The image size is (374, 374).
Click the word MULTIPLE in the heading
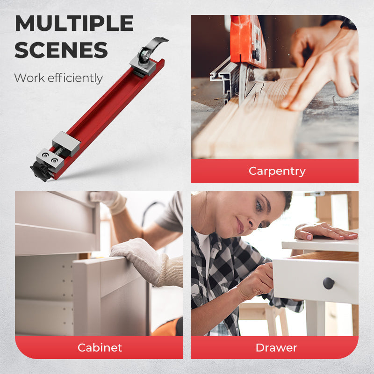click(x=74, y=23)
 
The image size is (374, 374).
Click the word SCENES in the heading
click(x=61, y=50)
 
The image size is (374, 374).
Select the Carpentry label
click(x=277, y=171)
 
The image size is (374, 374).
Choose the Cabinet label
click(x=100, y=347)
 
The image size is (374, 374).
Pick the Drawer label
click(x=276, y=348)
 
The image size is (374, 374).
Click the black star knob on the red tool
click(x=41, y=171)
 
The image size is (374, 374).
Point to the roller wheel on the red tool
click(x=144, y=56)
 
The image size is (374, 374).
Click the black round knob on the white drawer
click(x=329, y=283)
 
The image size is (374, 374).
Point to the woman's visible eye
click(x=259, y=205)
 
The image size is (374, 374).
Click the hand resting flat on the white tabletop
click(x=325, y=231)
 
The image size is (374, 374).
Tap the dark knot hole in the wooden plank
click(x=272, y=76)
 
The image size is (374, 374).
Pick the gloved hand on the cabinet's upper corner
click(x=108, y=201)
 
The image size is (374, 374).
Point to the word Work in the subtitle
click(x=29, y=78)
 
